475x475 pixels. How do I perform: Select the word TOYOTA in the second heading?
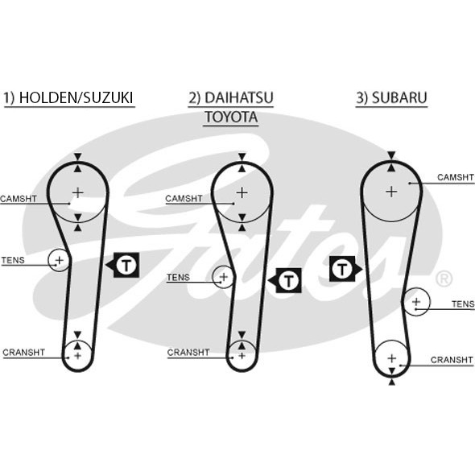pyautogui.click(x=230, y=118)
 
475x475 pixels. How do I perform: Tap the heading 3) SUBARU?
pyautogui.click(x=391, y=98)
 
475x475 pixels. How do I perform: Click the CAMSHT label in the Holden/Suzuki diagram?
pyautogui.click(x=19, y=198)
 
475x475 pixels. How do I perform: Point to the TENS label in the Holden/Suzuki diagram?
pyautogui.click(x=13, y=260)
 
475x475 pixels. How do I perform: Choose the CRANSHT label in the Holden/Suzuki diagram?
pyautogui.click(x=23, y=352)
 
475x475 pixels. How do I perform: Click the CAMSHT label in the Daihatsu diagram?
pyautogui.click(x=183, y=198)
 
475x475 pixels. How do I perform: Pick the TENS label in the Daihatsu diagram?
pyautogui.click(x=178, y=278)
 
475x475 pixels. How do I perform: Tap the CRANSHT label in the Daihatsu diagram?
pyautogui.click(x=188, y=353)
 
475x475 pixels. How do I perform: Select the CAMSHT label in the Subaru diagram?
pyautogui.click(x=455, y=177)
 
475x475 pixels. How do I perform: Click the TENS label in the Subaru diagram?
pyautogui.click(x=462, y=304)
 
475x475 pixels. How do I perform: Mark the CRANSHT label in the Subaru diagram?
pyautogui.click(x=452, y=360)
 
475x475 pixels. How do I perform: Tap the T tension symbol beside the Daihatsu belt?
pyautogui.click(x=288, y=279)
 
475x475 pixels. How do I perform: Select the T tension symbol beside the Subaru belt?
pyautogui.click(x=343, y=268)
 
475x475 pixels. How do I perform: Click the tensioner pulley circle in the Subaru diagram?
pyautogui.click(x=416, y=302)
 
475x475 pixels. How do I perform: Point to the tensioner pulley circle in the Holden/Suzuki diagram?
pyautogui.click(x=59, y=259)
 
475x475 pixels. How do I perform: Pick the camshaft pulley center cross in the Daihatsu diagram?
pyautogui.click(x=242, y=192)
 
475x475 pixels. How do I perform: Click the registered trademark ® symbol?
pyautogui.click(x=443, y=279)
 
